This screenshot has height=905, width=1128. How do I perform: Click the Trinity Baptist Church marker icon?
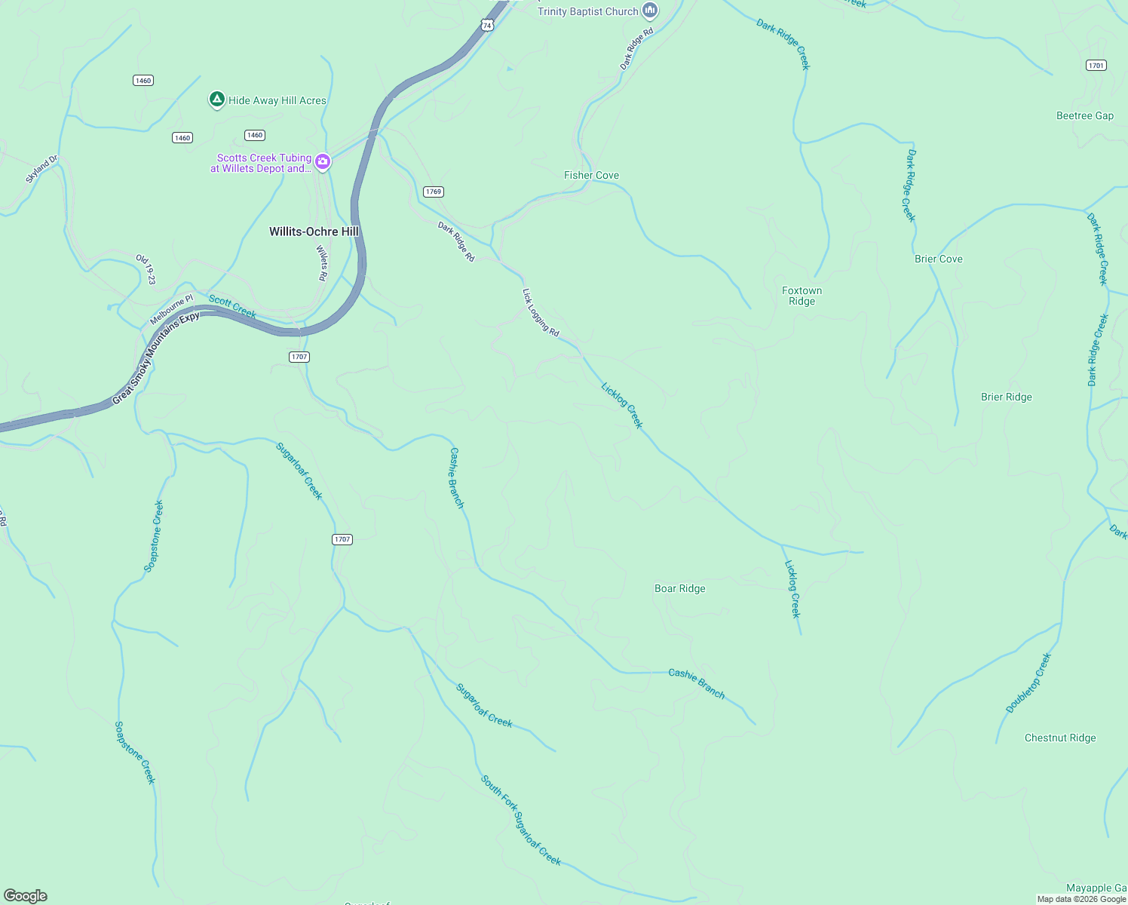pyautogui.click(x=650, y=11)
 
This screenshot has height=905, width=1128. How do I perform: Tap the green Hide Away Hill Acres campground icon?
pyautogui.click(x=216, y=100)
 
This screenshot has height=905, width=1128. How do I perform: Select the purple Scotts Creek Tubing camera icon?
pyautogui.click(x=323, y=162)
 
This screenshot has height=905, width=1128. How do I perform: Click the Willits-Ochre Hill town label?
pyautogui.click(x=314, y=232)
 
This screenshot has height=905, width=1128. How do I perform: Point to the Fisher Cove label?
pyautogui.click(x=591, y=175)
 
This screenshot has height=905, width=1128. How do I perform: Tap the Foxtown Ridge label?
pyautogui.click(x=802, y=296)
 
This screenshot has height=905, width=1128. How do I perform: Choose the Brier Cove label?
pyautogui.click(x=938, y=259)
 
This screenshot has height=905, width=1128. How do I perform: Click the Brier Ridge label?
pyautogui.click(x=1006, y=397)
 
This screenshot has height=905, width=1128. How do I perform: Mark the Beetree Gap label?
pyautogui.click(x=1084, y=115)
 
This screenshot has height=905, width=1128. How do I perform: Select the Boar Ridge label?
pyautogui.click(x=679, y=588)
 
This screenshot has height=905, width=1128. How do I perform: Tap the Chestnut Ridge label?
pyautogui.click(x=1059, y=738)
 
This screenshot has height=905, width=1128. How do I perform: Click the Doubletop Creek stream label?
pyautogui.click(x=1028, y=683)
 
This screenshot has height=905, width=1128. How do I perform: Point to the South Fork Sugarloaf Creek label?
pyautogui.click(x=521, y=821)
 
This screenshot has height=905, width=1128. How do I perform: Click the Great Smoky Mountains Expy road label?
pyautogui.click(x=156, y=358)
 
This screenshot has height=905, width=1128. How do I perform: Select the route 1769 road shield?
pyautogui.click(x=433, y=192)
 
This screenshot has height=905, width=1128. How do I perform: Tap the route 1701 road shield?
pyautogui.click(x=1096, y=66)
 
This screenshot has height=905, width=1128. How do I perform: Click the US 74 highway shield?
pyautogui.click(x=487, y=25)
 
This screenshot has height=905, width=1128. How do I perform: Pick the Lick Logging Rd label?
pyautogui.click(x=541, y=312)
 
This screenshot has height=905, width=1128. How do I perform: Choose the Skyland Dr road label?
pyautogui.click(x=41, y=170)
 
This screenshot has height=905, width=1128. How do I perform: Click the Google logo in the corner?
pyautogui.click(x=26, y=895)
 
